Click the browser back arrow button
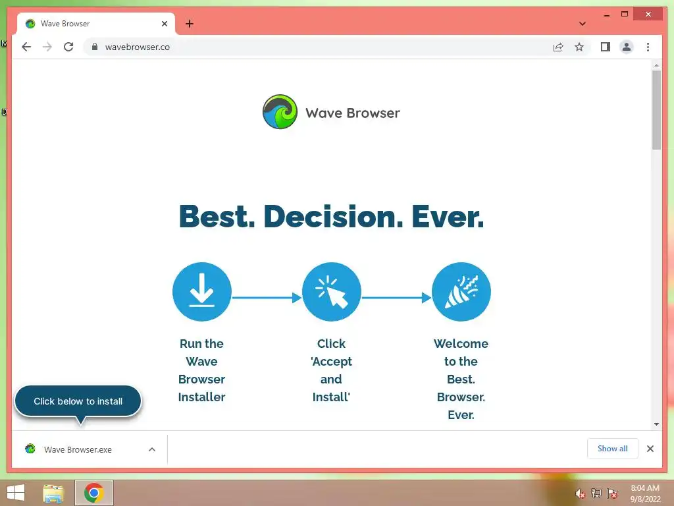pos(26,47)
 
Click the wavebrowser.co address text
pos(138,47)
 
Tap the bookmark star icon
pos(579,47)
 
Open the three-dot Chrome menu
pos(648,47)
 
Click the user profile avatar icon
pos(627,47)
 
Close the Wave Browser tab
pos(164,24)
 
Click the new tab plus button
pos(189,24)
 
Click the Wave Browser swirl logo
pos(280,112)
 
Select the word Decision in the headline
pos(333,216)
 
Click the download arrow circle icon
pos(201,292)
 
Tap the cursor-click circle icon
pos(332,292)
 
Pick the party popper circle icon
pos(461,292)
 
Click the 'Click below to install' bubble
pos(78,401)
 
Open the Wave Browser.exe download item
pos(78,449)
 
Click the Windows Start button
pos(16,493)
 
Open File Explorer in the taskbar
pos(53,493)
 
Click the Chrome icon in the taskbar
pos(93,493)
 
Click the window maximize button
pos(625,14)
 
